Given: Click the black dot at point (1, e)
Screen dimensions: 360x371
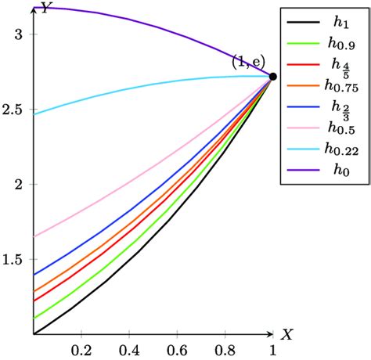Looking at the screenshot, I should click(x=273, y=77).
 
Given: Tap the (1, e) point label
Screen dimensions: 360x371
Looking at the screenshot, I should click(x=249, y=61).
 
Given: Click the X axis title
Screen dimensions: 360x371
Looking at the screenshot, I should click(x=287, y=335).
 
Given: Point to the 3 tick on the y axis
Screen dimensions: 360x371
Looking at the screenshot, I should click(x=23, y=34).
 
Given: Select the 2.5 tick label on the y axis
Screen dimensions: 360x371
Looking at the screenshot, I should click(x=17, y=110).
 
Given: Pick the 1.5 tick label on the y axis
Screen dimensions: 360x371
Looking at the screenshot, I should click(x=17, y=260).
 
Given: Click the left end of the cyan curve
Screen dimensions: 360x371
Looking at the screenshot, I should click(x=35, y=115).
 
